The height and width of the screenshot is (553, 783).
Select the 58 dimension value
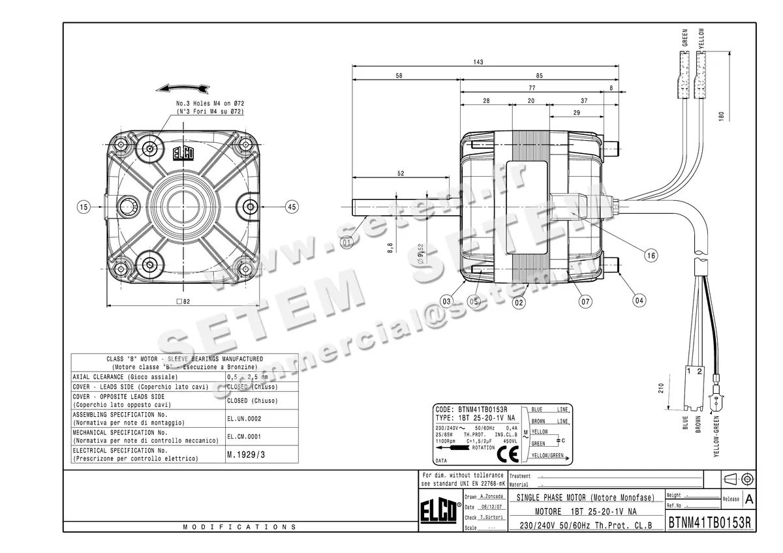point(399,76)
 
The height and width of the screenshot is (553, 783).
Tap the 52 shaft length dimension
point(401,173)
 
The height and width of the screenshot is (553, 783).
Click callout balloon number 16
point(651,256)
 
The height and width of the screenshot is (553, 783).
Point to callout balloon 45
point(291,207)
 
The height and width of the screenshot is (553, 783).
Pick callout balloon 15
point(83,207)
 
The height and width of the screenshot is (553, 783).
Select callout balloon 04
point(639,301)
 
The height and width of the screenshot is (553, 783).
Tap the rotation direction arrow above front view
point(185,88)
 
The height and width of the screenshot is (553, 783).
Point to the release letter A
point(749,499)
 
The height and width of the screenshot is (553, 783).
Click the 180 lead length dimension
point(721,115)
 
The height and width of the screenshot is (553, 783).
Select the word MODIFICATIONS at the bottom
point(239,526)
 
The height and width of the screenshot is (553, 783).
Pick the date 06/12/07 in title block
point(491,507)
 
